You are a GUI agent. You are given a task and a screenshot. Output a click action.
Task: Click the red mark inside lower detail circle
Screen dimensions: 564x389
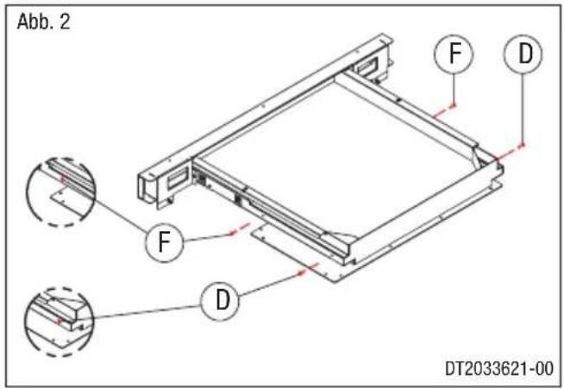(59, 320)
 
